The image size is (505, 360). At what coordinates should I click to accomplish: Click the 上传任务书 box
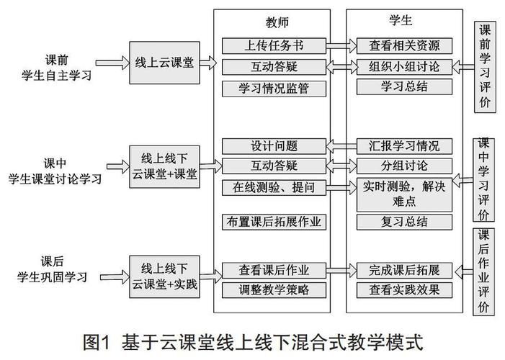tap(274, 46)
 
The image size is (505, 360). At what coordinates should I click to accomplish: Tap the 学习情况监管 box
tap(274, 88)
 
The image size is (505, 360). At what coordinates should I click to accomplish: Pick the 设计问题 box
tap(274, 145)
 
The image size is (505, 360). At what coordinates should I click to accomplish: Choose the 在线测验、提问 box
tap(274, 187)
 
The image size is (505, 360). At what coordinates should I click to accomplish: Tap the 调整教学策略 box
tap(274, 291)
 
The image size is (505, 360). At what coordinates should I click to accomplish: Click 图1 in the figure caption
tap(101, 340)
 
